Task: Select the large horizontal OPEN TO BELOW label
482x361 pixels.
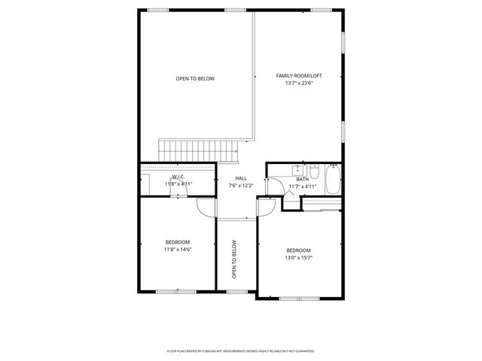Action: pos(195,79)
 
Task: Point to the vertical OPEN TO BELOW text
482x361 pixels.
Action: pos(235,259)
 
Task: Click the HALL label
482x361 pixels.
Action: pos(241,178)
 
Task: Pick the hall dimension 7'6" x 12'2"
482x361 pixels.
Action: pos(241,186)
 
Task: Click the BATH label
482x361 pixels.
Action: pos(302,179)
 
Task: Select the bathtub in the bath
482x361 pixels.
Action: pos(334,179)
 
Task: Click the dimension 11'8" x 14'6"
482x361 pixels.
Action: pos(178,249)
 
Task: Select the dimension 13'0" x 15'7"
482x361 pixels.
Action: pos(299,257)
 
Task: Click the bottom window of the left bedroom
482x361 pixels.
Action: pos(177,291)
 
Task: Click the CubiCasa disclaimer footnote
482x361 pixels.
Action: pos(240,350)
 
